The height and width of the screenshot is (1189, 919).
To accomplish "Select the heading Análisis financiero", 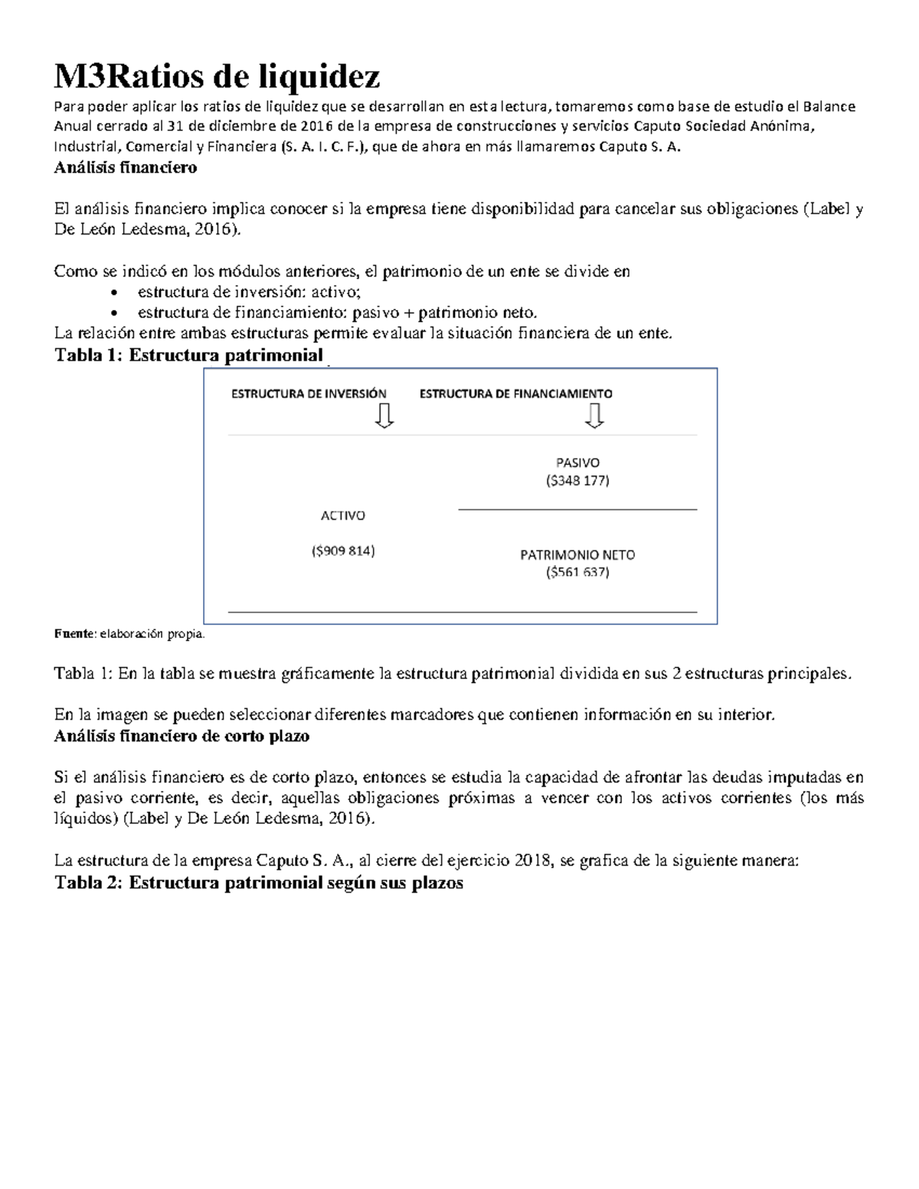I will click(x=126, y=167).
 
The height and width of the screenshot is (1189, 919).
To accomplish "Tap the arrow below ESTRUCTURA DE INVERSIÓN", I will click(x=384, y=415).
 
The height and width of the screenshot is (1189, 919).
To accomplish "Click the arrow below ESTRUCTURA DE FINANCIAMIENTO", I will click(x=594, y=415).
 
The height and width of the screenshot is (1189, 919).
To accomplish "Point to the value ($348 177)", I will click(x=577, y=481).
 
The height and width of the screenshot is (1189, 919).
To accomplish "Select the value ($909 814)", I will click(x=342, y=550).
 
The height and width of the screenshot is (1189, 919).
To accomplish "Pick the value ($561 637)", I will click(x=577, y=572).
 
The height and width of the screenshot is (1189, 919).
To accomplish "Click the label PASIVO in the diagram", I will click(x=577, y=462).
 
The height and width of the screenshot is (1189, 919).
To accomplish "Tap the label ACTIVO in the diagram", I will click(x=342, y=515).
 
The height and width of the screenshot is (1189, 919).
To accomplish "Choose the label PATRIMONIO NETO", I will click(x=577, y=554).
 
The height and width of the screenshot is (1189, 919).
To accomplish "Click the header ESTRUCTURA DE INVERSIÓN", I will click(x=309, y=394).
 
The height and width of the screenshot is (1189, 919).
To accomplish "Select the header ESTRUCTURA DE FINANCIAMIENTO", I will click(x=515, y=394).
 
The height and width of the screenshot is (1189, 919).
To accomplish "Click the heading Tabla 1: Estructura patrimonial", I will click(x=188, y=355).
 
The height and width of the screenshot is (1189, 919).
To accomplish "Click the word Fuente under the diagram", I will click(x=73, y=633).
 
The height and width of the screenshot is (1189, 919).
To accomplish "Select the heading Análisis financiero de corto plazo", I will click(x=182, y=736).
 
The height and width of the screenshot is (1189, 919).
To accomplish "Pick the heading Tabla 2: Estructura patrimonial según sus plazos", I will click(x=259, y=882).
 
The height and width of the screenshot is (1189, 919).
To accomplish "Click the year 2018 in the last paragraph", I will click(x=533, y=860).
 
